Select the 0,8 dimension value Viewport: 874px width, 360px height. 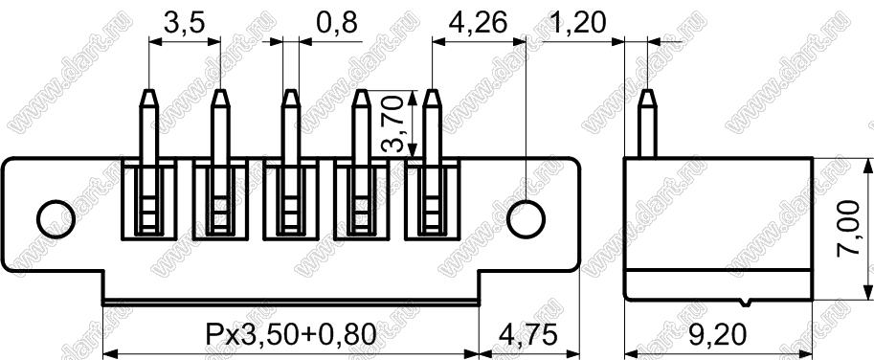point(336,23)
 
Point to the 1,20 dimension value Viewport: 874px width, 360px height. point(577,23)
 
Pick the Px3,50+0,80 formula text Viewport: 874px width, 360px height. point(290,335)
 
